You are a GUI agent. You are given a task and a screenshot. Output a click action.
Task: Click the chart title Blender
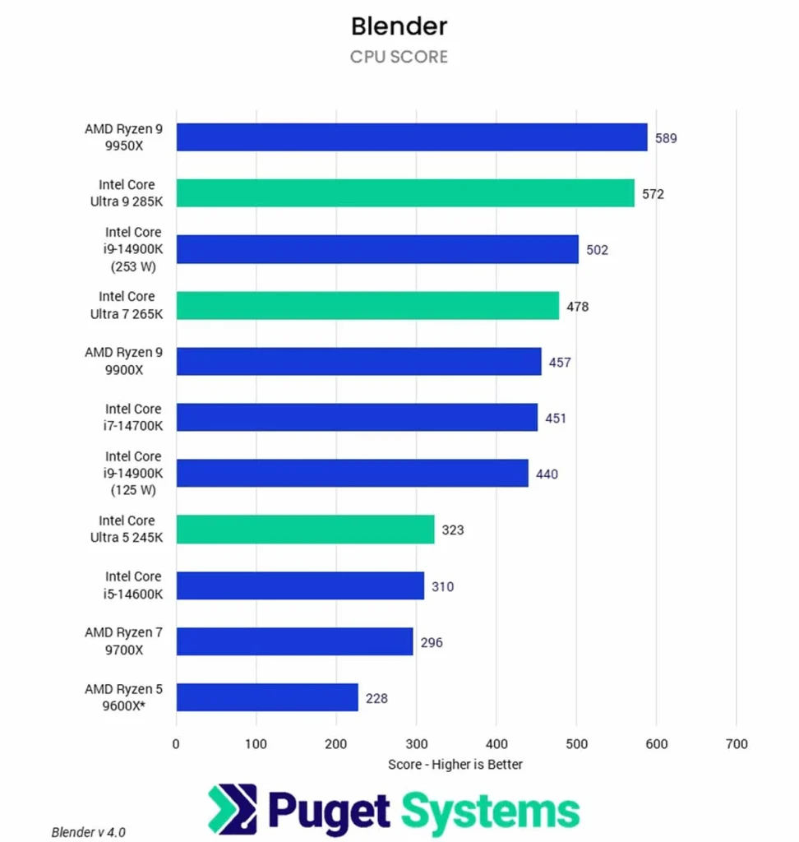(x=399, y=26)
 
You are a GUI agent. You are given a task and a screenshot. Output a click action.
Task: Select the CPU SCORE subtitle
(x=399, y=57)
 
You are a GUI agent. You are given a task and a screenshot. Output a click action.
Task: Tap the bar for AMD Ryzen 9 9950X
(x=412, y=137)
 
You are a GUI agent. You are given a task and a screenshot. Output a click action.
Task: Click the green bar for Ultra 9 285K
(x=405, y=193)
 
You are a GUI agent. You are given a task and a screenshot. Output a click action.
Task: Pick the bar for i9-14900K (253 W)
(x=377, y=249)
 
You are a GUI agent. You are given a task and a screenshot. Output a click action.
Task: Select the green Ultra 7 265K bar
(x=367, y=306)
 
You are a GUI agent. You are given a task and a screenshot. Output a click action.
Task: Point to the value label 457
(x=560, y=362)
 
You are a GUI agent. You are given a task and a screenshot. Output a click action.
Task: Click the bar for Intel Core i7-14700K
(x=357, y=418)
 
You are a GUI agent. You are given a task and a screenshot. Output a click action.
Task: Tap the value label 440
(x=547, y=474)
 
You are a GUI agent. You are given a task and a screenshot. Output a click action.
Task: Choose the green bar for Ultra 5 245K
(x=305, y=530)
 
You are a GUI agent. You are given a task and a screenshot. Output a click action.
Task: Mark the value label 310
(x=442, y=586)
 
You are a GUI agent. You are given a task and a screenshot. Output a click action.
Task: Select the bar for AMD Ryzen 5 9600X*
(x=267, y=697)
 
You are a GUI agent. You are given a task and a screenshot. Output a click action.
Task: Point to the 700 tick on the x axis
(x=737, y=744)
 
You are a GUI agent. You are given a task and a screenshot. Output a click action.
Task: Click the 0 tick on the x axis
(x=176, y=744)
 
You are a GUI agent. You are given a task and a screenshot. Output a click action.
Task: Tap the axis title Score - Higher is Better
(x=455, y=764)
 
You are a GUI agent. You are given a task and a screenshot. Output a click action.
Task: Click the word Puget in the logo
(x=330, y=811)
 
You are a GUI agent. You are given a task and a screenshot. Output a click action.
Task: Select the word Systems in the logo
(x=490, y=811)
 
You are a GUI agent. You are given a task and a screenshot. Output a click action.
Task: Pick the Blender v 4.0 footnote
(x=89, y=831)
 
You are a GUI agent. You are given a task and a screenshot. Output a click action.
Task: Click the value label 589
(x=666, y=138)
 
